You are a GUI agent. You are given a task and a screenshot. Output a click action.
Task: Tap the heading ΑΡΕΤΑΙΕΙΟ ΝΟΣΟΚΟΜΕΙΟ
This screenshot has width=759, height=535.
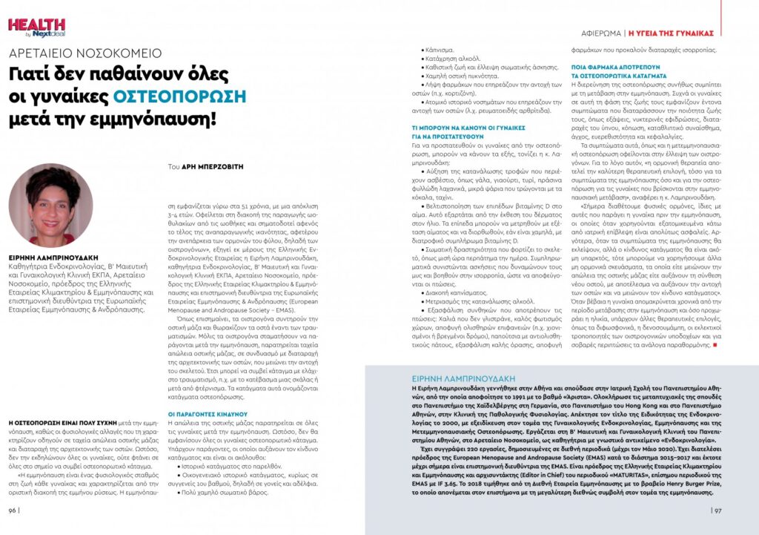85,53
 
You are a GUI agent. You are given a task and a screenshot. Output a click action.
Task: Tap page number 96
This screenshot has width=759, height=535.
14,510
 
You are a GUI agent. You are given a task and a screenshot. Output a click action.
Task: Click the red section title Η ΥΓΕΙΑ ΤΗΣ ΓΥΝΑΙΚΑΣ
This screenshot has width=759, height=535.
671,33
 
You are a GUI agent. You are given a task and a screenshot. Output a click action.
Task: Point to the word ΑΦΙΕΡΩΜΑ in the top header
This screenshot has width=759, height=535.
600,33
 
